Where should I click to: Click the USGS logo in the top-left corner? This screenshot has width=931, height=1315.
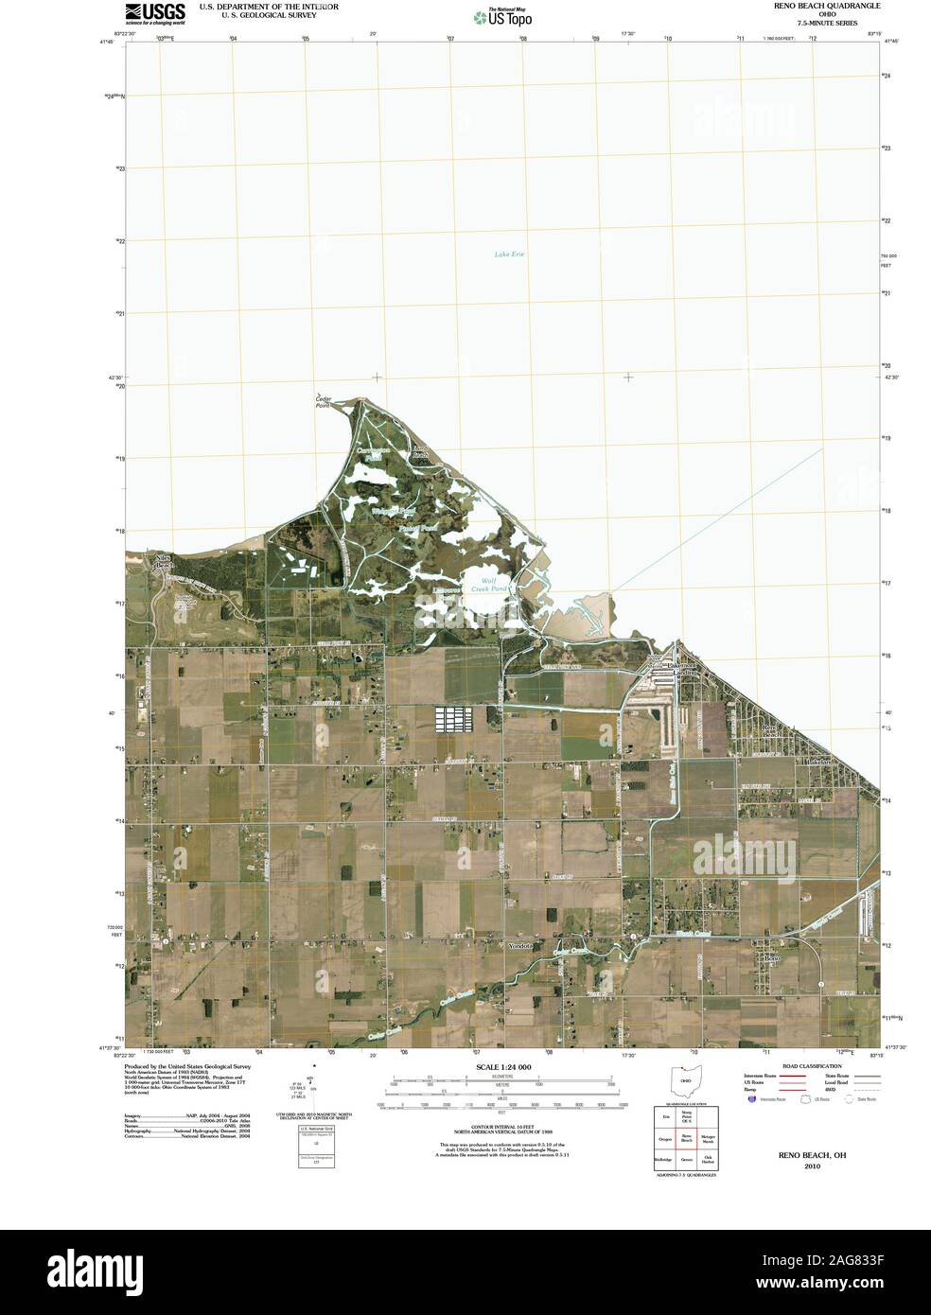coord(154,11)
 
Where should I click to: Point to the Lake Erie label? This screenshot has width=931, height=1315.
coord(509,254)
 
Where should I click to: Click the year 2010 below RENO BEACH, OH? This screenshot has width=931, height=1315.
coord(812,1166)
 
